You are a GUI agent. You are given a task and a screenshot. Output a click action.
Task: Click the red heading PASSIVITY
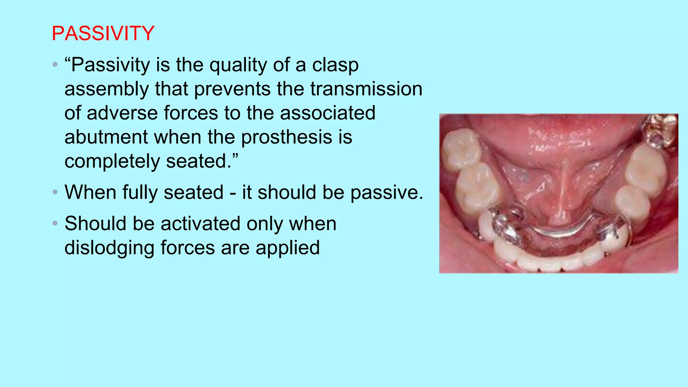point(103,34)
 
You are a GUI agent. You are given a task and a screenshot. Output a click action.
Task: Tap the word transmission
point(366,89)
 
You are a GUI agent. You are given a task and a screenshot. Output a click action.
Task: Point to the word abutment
point(106,137)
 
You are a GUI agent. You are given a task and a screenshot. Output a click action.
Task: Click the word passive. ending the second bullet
point(386,192)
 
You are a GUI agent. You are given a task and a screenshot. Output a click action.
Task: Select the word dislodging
point(109,248)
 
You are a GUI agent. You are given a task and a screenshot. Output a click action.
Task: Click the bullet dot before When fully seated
point(55,192)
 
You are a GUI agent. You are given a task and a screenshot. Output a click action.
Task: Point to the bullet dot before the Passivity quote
point(55,64)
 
